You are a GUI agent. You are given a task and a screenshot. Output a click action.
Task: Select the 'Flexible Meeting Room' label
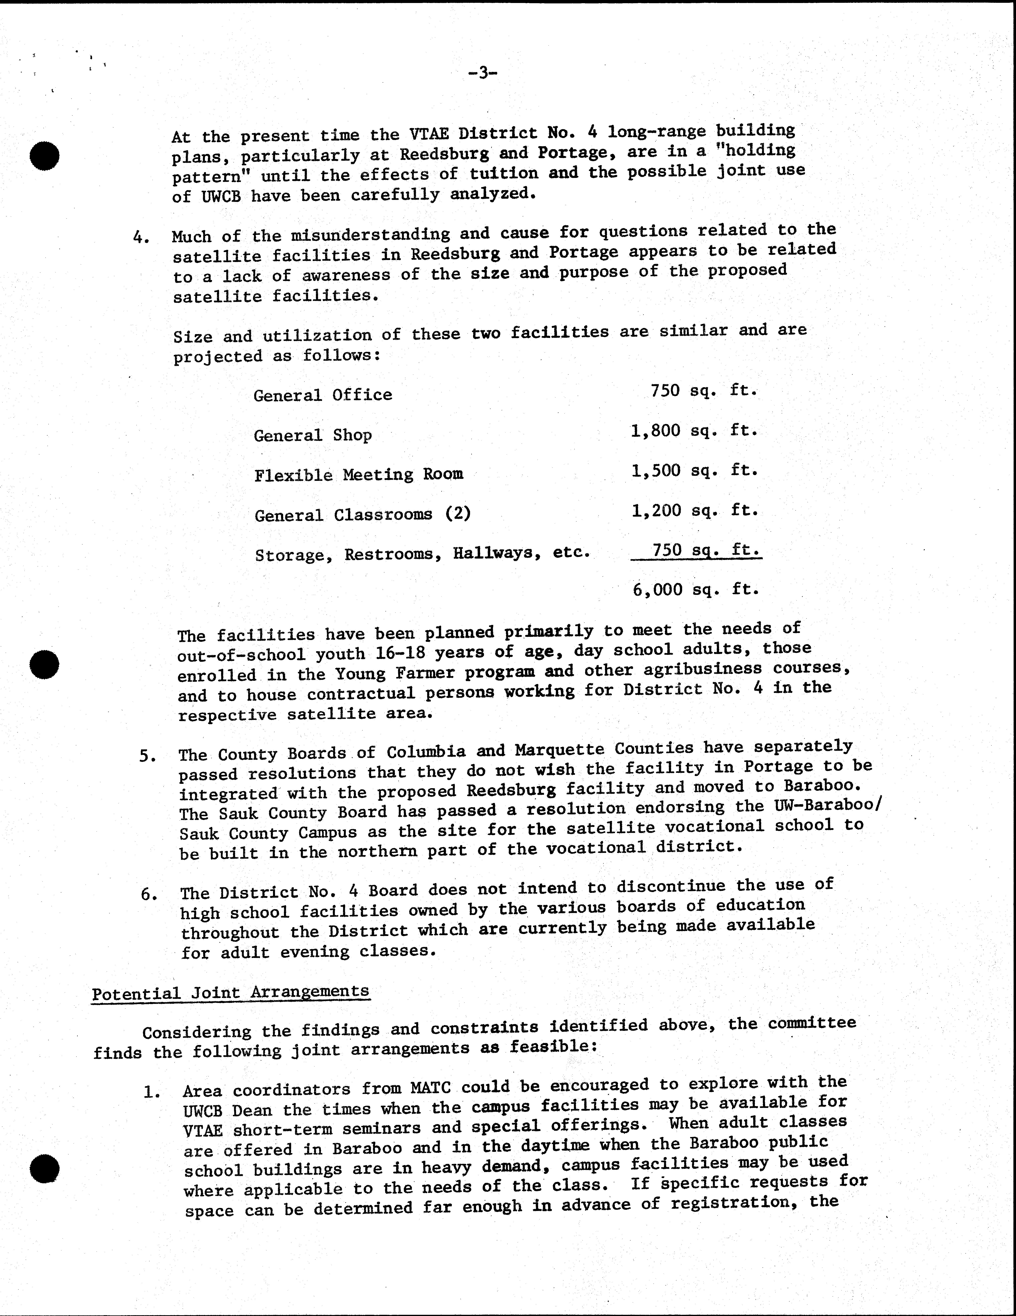pyautogui.click(x=359, y=475)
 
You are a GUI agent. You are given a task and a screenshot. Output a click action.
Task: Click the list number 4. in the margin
pyautogui.click(x=141, y=238)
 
